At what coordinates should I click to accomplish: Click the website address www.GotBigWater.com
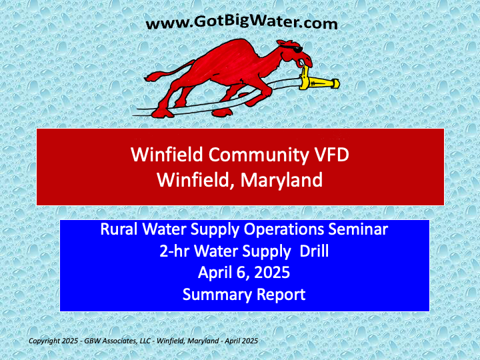click(242, 23)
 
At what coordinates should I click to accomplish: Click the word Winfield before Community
click(167, 154)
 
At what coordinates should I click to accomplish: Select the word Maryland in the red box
click(281, 180)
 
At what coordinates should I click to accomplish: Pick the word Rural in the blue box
click(119, 229)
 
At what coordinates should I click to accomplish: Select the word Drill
click(314, 251)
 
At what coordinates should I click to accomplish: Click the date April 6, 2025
click(244, 272)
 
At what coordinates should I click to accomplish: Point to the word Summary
click(217, 295)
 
